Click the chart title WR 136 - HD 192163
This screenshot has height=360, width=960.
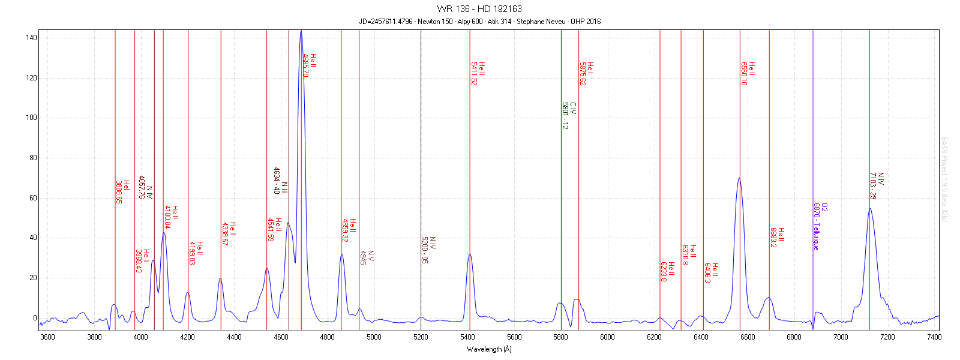(x=479, y=9)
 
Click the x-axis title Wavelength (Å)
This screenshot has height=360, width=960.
(x=489, y=349)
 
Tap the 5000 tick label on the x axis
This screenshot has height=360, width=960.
(x=374, y=337)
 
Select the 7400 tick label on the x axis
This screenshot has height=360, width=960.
(x=934, y=337)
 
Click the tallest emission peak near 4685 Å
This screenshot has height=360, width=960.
(x=301, y=31)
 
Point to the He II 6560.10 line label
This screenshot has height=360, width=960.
(x=748, y=73)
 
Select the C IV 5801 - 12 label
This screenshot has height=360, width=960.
(x=569, y=116)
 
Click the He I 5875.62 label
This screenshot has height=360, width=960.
(x=586, y=73)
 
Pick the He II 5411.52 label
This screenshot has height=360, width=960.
(x=478, y=73)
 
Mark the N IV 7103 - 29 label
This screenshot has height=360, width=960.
(x=877, y=186)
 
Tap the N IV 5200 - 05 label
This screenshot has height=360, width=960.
(x=428, y=250)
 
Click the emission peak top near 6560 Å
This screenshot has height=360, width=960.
(x=739, y=178)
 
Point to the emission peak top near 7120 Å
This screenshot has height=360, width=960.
(x=870, y=209)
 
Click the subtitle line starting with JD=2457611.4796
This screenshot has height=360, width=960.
(x=479, y=22)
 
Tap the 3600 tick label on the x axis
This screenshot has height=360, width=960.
(x=47, y=337)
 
